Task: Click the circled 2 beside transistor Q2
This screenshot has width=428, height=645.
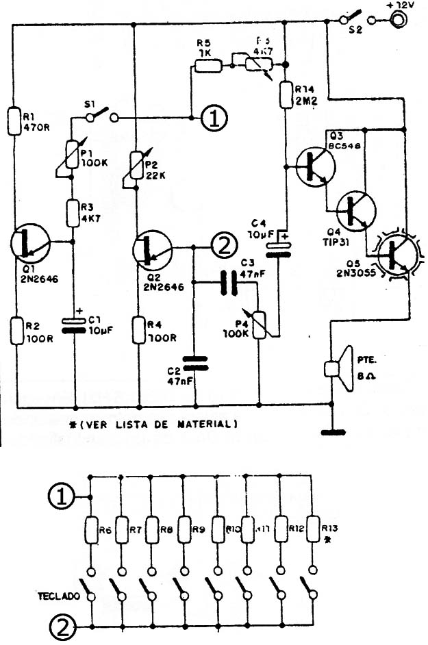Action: click(223, 245)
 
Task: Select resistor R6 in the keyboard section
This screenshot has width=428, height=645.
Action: click(91, 530)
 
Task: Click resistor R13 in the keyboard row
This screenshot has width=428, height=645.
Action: click(313, 529)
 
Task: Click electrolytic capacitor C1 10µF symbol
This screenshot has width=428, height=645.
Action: click(73, 324)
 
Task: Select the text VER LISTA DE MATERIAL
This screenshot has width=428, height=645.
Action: click(154, 424)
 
